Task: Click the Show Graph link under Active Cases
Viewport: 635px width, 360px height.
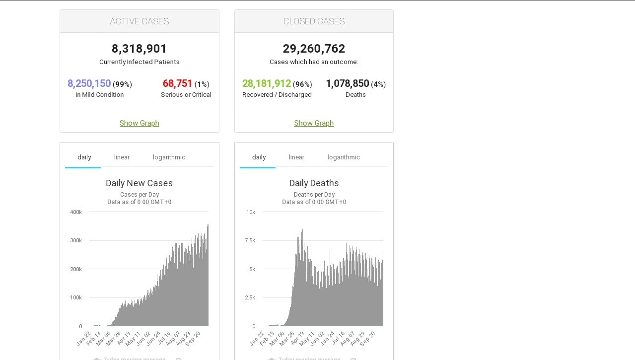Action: (140, 123)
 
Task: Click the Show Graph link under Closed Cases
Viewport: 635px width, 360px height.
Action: (314, 123)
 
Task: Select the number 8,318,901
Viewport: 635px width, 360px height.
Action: (140, 49)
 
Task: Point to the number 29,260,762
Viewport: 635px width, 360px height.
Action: (314, 49)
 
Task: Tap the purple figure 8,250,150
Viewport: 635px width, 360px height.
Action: (89, 83)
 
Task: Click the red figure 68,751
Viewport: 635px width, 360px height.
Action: (177, 83)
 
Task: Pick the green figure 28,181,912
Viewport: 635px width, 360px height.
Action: (267, 83)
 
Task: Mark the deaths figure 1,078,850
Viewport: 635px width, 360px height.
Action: (348, 83)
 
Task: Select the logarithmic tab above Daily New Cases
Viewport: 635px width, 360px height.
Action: (169, 157)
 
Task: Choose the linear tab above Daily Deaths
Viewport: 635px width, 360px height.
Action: (296, 157)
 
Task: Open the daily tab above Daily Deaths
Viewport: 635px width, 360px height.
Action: (259, 157)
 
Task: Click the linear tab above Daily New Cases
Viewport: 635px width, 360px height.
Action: (122, 157)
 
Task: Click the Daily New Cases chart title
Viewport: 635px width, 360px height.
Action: (140, 183)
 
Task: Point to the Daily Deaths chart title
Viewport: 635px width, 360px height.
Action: (314, 183)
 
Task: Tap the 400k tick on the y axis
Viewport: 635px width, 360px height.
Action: (76, 213)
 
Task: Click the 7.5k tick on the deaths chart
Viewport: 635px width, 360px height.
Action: (250, 241)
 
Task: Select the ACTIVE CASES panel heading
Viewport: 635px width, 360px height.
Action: (140, 21)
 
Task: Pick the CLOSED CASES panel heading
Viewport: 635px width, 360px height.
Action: (314, 21)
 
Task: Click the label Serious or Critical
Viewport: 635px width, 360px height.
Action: (186, 95)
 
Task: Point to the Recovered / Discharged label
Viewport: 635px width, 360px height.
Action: (277, 95)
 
